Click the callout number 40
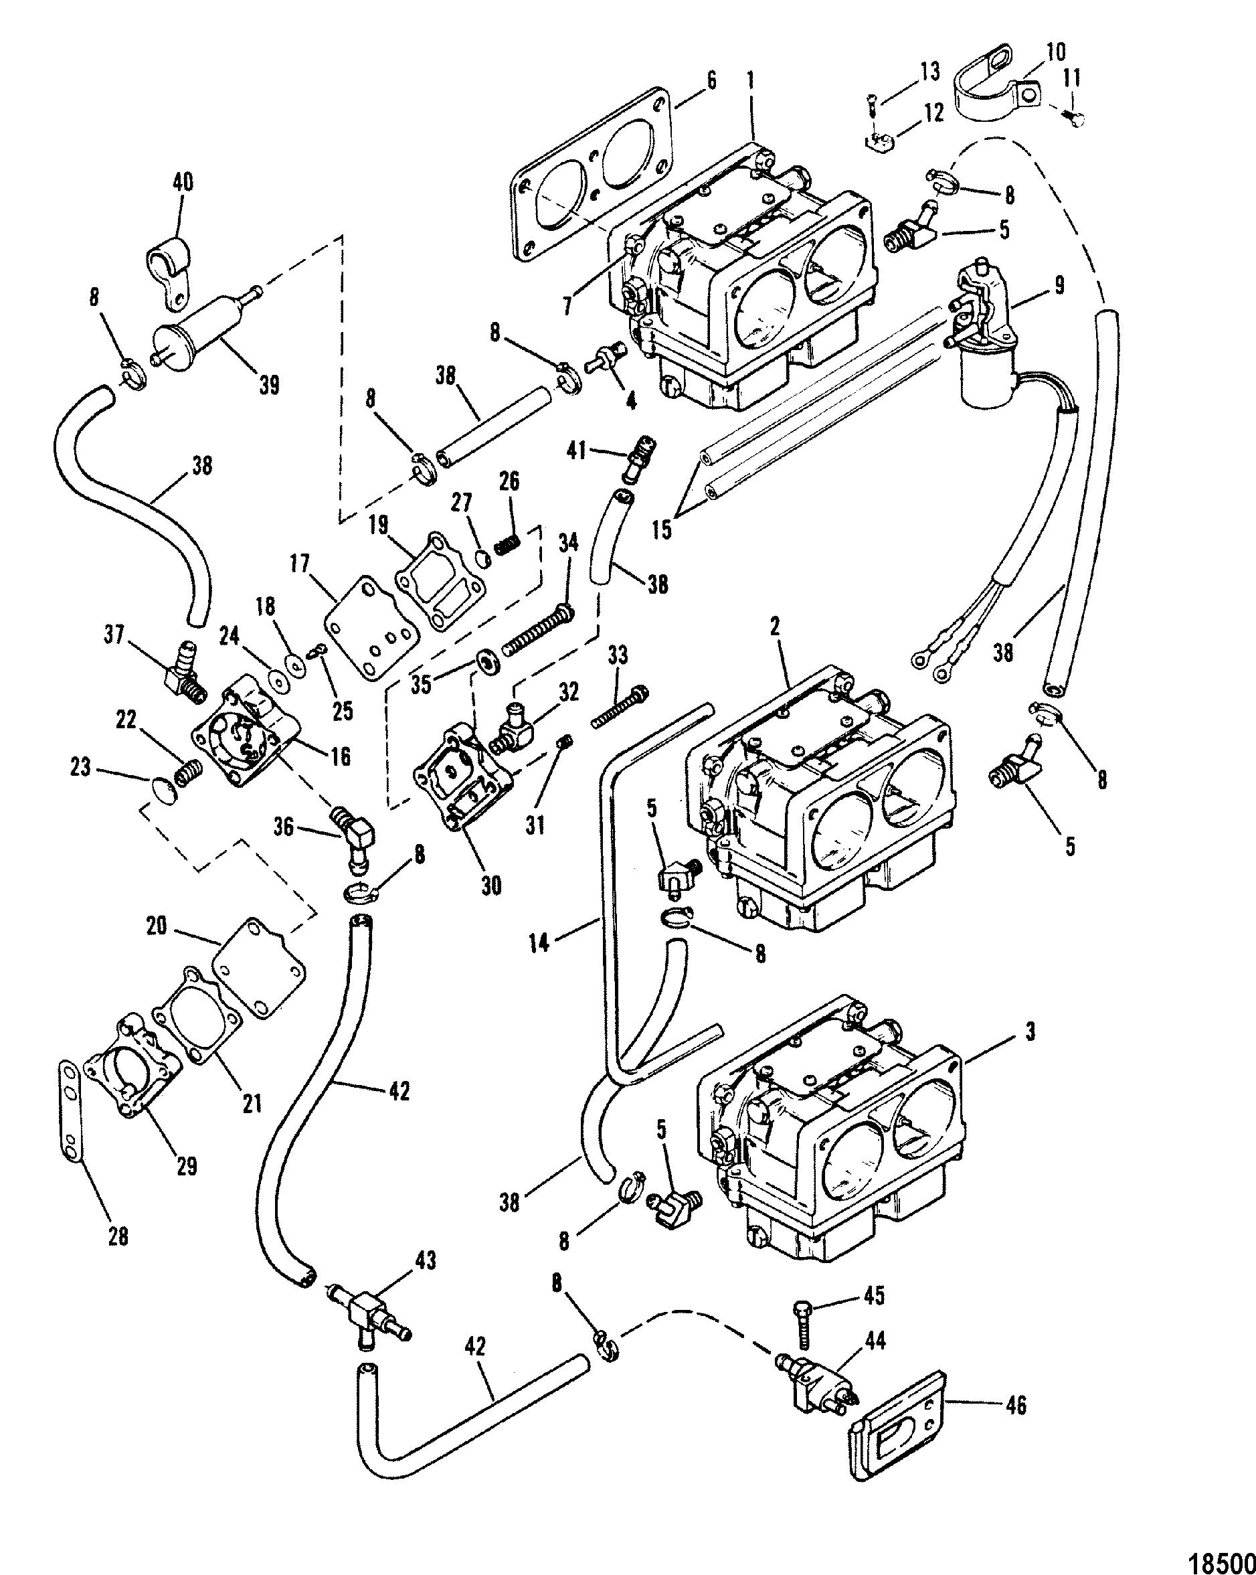183,181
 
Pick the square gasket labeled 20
259,963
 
